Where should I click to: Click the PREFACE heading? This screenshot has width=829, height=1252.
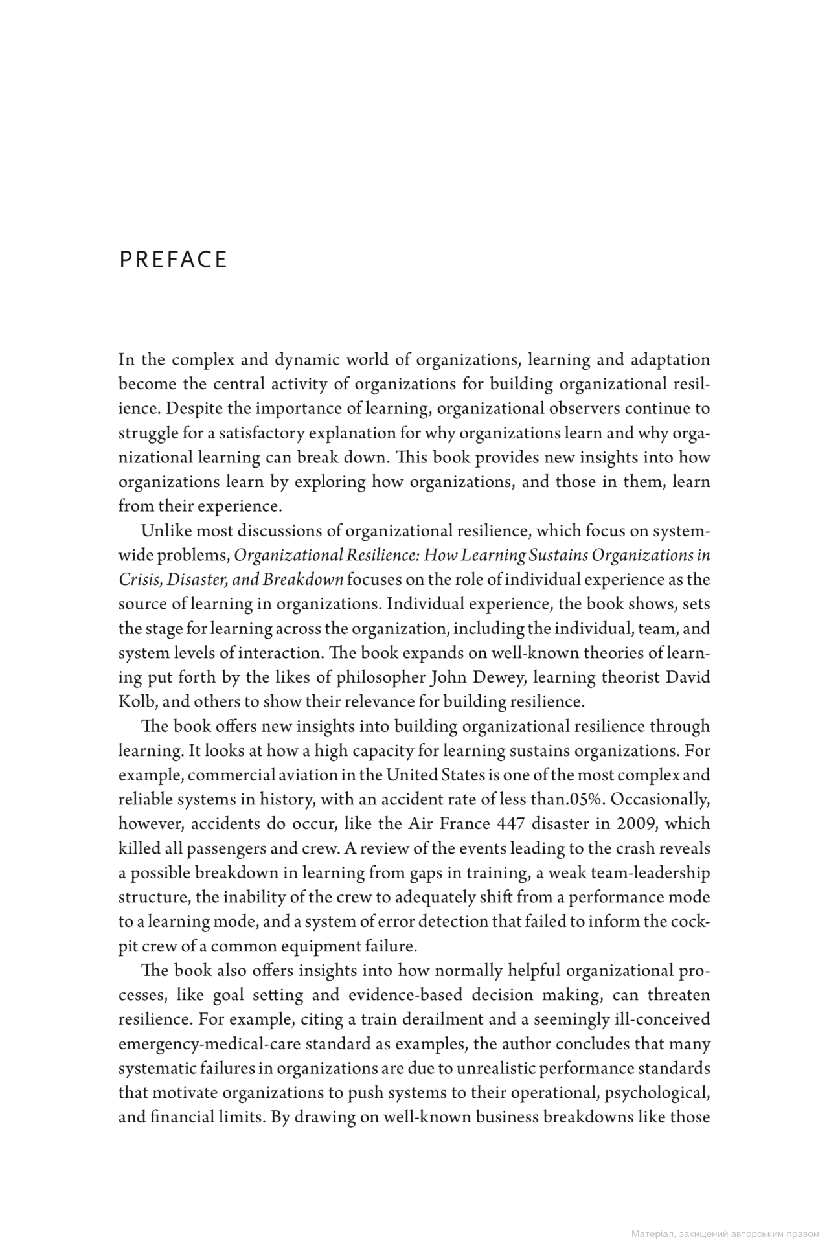pyautogui.click(x=174, y=260)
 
